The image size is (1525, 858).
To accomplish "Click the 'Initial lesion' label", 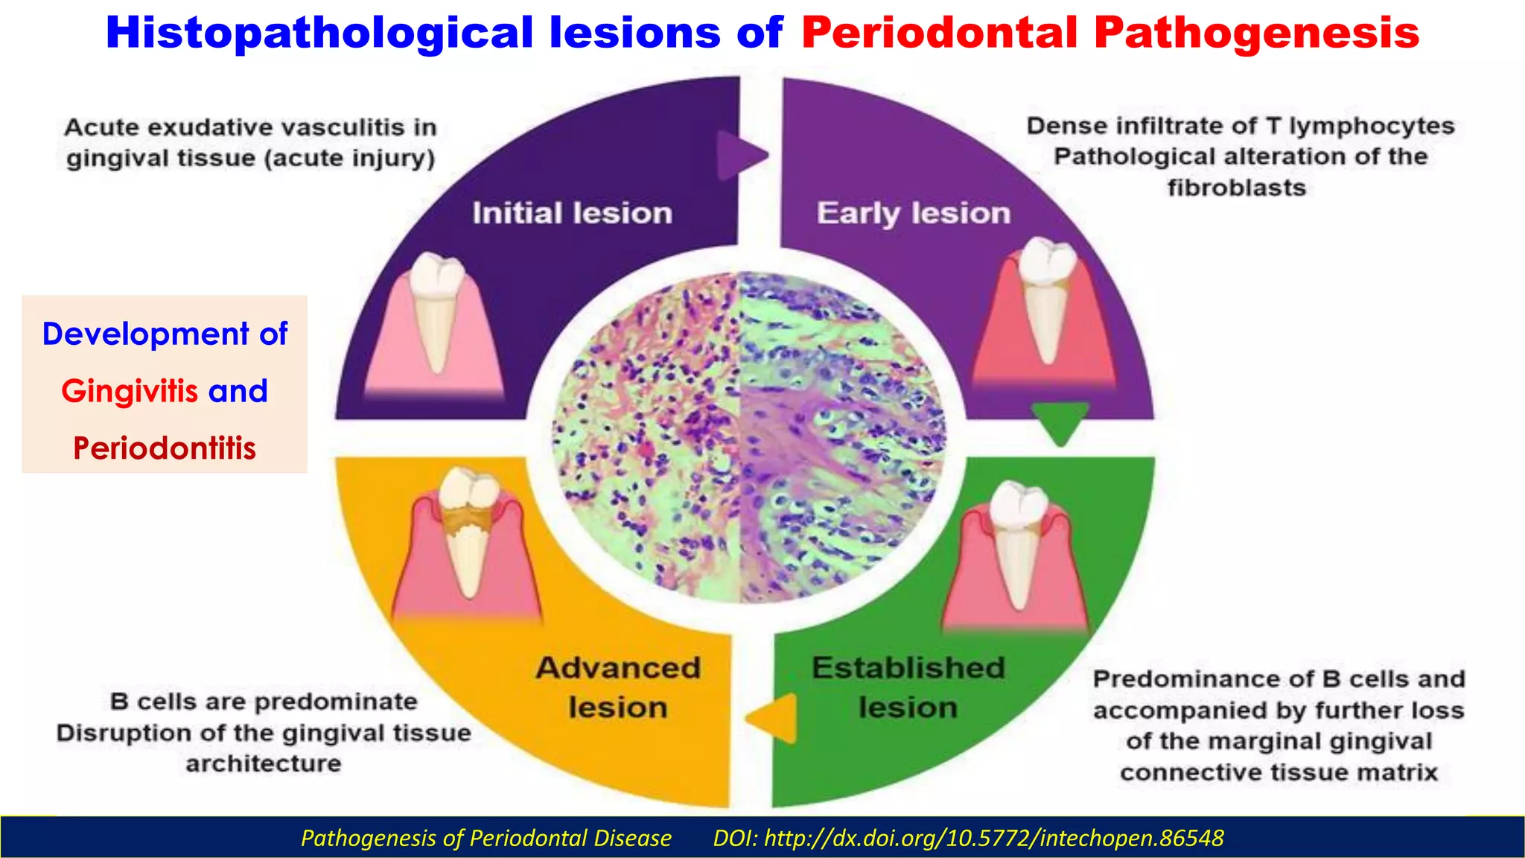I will tap(572, 214).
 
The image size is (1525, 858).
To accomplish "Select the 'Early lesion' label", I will tap(914, 214).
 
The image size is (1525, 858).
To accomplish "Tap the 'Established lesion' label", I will tap(908, 687).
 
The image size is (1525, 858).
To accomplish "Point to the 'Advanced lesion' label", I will tap(618, 687).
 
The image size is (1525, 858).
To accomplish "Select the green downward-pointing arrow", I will tap(1060, 422).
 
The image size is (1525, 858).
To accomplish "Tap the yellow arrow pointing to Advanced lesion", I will tap(773, 718).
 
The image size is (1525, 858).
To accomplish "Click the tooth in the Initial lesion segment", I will tap(438, 309).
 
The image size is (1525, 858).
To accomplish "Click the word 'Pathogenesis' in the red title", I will tap(1257, 34).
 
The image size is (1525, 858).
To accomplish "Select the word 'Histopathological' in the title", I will tap(319, 34).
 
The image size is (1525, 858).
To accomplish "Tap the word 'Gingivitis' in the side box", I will tap(129, 391).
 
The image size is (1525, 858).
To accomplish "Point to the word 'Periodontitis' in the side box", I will tap(165, 448).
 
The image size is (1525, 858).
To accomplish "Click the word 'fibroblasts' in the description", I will tap(1236, 188).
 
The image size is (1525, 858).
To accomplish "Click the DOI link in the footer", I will tap(968, 839).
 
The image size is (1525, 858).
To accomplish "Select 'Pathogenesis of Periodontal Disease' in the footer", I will tap(485, 839).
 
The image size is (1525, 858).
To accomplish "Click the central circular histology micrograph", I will tap(748, 438).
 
